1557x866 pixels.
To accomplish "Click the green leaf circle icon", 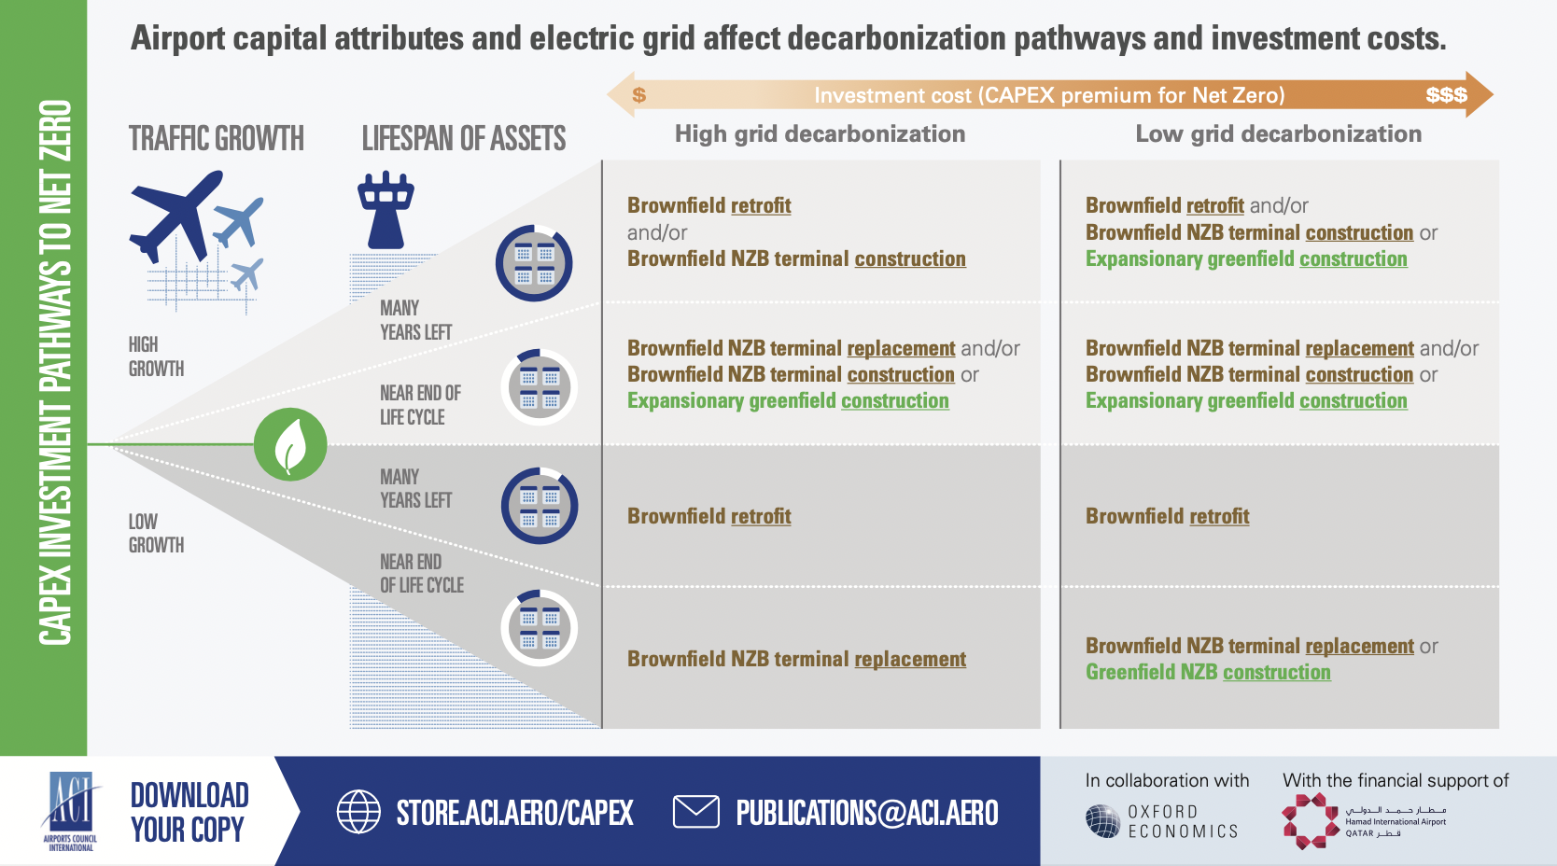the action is pyautogui.click(x=290, y=444).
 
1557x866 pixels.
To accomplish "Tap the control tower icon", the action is pyautogui.click(x=386, y=211).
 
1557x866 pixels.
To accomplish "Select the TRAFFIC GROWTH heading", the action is pyautogui.click(x=217, y=138).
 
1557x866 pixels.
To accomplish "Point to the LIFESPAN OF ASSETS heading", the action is pyautogui.click(x=464, y=138).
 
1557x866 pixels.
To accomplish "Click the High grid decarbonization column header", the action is pyautogui.click(x=821, y=133).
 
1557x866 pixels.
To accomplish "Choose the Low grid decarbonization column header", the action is pyautogui.click(x=1278, y=133).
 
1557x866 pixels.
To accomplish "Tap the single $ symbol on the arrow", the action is pyautogui.click(x=638, y=94).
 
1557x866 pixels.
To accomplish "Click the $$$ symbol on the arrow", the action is pyautogui.click(x=1447, y=94).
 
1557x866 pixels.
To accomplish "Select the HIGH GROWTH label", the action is pyautogui.click(x=157, y=356).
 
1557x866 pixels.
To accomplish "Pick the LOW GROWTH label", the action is pyautogui.click(x=157, y=533).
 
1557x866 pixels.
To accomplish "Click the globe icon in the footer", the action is pyautogui.click(x=358, y=812).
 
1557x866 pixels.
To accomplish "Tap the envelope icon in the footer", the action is pyautogui.click(x=695, y=812).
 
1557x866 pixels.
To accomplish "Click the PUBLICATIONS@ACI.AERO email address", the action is pyautogui.click(x=867, y=813).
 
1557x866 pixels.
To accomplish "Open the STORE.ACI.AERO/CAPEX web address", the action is pyautogui.click(x=514, y=813).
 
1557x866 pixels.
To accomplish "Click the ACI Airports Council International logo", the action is pyautogui.click(x=71, y=811).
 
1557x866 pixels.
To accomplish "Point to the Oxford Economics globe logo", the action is pyautogui.click(x=1103, y=821).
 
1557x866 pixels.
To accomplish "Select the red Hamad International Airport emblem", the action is pyautogui.click(x=1311, y=821).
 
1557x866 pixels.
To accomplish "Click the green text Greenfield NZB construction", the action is pyautogui.click(x=1208, y=672).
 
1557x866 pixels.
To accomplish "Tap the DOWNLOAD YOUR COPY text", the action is pyautogui.click(x=189, y=813).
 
